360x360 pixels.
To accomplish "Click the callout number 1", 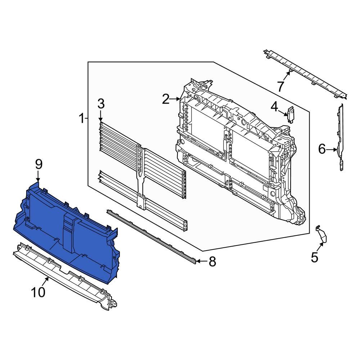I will [82, 118].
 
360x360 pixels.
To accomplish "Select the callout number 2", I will [166, 99].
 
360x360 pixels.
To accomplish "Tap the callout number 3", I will [101, 104].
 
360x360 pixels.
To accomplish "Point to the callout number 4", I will [274, 106].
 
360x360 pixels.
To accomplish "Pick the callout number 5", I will [314, 257].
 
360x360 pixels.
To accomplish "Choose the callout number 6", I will [322, 149].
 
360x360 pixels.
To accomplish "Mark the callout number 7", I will [280, 86].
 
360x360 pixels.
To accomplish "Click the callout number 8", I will [212, 262].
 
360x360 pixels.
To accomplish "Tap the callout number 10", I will [38, 292].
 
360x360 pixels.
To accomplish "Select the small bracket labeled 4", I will [291, 114].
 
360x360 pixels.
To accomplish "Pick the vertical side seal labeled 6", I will [341, 137].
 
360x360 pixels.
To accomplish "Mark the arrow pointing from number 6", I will [332, 149].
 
